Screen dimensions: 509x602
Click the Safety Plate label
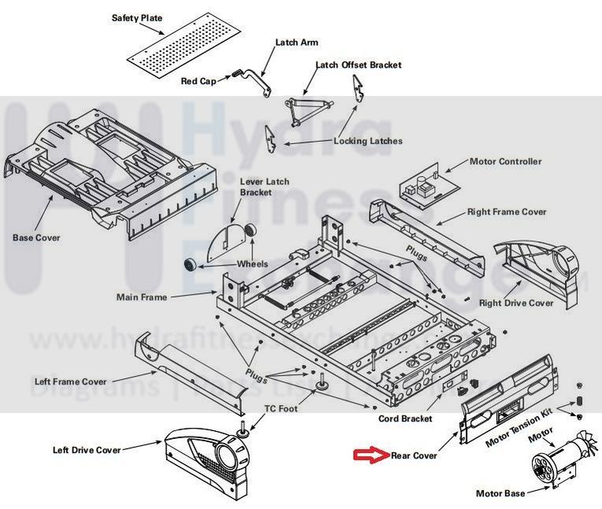137,17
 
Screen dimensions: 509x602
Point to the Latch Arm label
297,43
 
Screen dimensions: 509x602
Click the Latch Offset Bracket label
359,65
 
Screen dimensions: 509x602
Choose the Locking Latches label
368,141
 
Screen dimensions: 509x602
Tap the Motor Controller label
505,162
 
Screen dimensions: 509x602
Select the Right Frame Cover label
507,212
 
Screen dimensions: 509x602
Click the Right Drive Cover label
516,303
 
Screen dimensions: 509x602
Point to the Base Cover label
36,237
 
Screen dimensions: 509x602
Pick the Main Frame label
141,297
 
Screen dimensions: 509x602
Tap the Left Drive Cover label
87,450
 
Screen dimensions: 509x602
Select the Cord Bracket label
405,419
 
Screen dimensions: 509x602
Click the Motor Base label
500,494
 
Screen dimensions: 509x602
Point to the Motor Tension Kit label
519,429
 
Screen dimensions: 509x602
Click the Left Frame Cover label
70,382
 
